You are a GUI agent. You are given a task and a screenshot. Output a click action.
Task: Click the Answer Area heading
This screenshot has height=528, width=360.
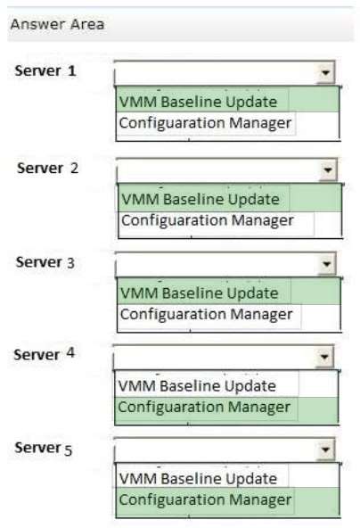tap(57, 24)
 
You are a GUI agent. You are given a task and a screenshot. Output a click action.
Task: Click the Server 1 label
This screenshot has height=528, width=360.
tap(45, 70)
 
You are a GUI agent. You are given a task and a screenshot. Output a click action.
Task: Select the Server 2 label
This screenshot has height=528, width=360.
tap(47, 168)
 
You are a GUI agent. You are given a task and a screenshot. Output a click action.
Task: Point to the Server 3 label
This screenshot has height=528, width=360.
tap(45, 262)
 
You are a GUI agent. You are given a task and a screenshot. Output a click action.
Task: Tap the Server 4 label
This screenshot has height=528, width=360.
tap(44, 354)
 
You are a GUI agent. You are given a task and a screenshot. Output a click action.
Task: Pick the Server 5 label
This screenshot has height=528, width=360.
tap(44, 449)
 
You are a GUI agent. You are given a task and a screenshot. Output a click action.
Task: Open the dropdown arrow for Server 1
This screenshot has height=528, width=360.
tap(325, 72)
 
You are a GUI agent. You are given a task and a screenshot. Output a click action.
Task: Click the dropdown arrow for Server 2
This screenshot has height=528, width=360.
tap(328, 169)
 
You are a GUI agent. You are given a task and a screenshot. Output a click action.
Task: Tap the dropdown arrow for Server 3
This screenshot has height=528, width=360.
tap(326, 264)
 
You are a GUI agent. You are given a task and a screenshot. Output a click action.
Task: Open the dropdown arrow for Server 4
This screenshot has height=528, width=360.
tap(324, 356)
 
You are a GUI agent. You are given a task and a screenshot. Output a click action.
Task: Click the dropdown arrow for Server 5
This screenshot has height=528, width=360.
tap(325, 450)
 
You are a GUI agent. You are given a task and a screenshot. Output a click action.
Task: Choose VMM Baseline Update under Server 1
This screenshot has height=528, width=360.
tap(198, 102)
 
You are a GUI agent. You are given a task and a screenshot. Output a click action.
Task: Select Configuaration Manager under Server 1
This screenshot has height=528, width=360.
tap(205, 123)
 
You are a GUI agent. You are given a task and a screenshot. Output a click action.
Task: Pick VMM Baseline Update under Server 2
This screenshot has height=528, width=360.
tap(200, 199)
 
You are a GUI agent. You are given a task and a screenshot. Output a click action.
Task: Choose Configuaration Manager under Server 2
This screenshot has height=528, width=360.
tap(208, 221)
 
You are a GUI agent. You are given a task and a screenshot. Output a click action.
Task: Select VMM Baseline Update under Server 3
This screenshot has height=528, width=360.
tap(200, 293)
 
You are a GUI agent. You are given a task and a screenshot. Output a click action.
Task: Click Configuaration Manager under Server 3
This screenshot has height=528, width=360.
tap(206, 315)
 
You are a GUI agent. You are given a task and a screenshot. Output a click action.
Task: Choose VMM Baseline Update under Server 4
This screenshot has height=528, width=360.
tap(197, 386)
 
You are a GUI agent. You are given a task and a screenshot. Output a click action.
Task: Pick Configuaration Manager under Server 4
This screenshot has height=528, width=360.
tap(204, 408)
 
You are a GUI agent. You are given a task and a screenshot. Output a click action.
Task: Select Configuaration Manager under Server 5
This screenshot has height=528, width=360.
tap(205, 500)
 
